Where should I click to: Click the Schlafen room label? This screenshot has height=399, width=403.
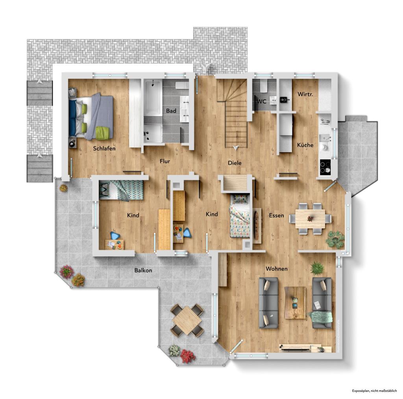coord(104,149)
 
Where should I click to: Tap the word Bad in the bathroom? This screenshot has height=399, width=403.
coord(171,111)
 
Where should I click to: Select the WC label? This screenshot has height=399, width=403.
coord(261,101)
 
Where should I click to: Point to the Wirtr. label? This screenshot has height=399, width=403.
coord(305,95)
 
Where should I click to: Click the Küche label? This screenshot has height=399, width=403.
coord(305,145)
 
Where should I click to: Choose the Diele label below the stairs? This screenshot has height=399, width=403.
coord(235,163)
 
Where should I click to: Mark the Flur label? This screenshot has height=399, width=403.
coord(165,161)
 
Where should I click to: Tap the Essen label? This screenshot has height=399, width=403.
coord(277,215)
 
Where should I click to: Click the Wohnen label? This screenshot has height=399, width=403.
coord(276,269)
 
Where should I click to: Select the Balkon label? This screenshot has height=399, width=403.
coord(143,271)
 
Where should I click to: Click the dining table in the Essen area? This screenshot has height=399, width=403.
coord(311,218)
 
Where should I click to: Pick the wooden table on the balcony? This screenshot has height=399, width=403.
coord(187,319)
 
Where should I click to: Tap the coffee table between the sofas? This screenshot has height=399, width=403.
coord(295,302)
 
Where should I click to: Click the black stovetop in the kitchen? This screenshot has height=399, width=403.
coord(325,167)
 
